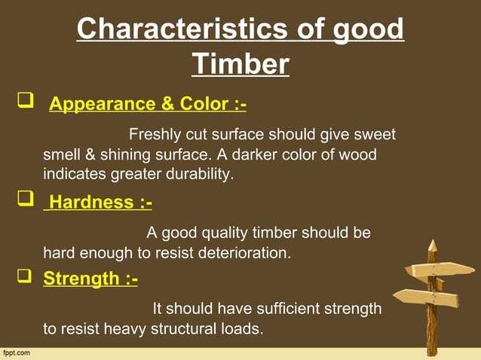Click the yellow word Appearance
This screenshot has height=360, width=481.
[105, 103]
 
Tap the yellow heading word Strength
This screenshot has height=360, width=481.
[80, 279]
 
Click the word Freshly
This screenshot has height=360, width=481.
[155, 135]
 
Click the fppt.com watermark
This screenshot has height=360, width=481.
[17, 352]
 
